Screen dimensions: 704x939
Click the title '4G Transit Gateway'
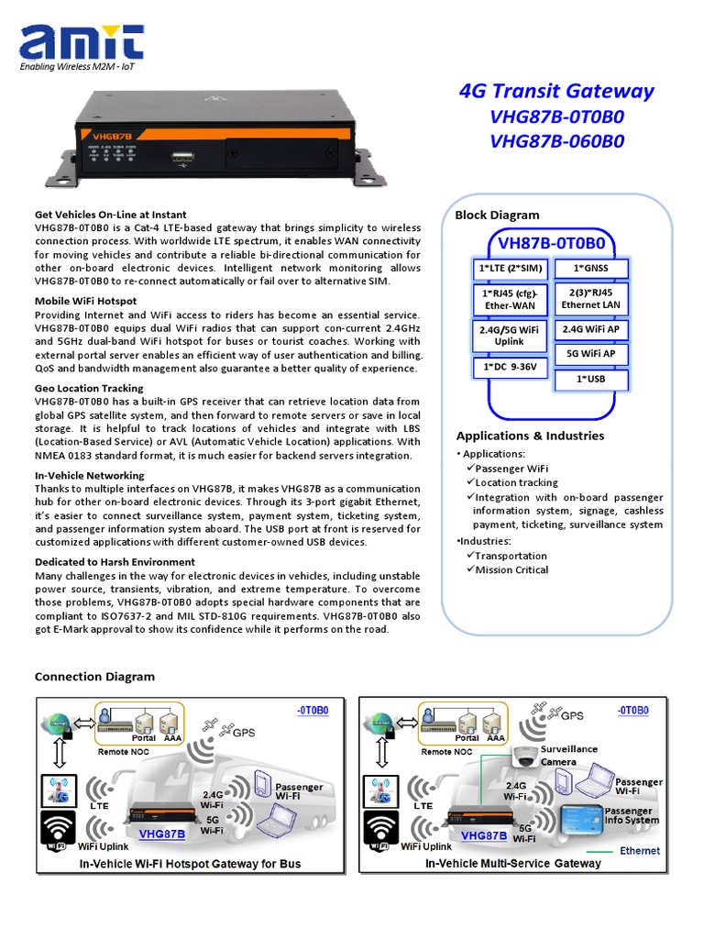tap(555, 91)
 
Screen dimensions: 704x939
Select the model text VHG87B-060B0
tap(556, 141)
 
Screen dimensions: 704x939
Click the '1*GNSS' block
tap(591, 268)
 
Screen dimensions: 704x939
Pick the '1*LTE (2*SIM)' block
tap(509, 268)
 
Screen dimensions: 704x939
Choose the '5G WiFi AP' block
tap(591, 353)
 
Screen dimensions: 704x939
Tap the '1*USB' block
tap(591, 379)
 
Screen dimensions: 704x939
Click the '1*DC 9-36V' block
tap(509, 366)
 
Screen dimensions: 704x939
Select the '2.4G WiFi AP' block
tap(591, 328)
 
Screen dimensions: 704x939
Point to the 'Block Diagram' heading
tap(498, 215)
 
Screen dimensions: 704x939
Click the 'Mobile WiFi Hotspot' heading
tap(86, 301)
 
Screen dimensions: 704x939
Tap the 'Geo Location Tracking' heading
tap(89, 388)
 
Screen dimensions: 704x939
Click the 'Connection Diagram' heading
tap(94, 677)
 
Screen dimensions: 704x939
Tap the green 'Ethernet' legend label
tap(639, 851)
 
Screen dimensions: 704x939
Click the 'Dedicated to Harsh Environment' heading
tap(115, 562)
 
